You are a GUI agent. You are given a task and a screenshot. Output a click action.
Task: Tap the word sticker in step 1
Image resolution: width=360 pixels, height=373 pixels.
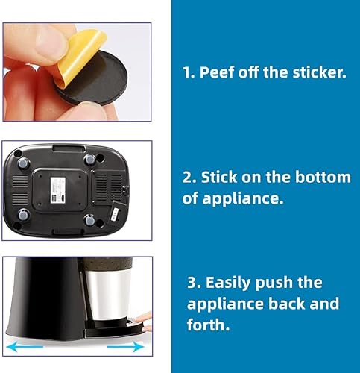click(319, 72)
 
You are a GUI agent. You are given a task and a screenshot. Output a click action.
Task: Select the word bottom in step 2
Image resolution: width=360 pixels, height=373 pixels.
click(323, 177)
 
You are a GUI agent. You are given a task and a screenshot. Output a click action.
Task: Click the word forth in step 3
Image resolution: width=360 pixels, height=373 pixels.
click(208, 325)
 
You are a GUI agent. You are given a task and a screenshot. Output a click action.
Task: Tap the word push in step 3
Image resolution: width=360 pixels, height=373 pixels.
click(272, 283)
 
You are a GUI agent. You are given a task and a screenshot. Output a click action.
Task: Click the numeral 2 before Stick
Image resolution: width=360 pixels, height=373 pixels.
click(186, 178)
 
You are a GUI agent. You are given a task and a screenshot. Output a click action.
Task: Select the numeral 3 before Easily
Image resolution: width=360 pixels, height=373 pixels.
click(192, 283)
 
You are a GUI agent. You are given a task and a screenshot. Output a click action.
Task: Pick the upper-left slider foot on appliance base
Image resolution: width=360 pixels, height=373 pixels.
click(24, 164)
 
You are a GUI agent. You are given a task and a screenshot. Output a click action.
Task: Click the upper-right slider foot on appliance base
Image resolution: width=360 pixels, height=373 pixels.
click(90, 160)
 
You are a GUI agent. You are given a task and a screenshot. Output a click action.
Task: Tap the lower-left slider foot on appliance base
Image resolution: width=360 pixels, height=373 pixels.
click(24, 215)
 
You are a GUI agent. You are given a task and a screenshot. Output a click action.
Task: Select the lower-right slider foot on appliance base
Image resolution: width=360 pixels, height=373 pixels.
click(90, 220)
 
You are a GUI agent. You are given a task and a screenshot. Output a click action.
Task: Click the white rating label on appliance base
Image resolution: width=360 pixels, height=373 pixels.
click(58, 190)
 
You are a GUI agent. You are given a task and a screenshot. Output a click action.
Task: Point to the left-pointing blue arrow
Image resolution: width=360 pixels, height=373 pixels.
click(25, 347)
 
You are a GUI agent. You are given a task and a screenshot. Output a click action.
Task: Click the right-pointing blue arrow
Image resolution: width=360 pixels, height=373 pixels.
click(126, 346)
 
